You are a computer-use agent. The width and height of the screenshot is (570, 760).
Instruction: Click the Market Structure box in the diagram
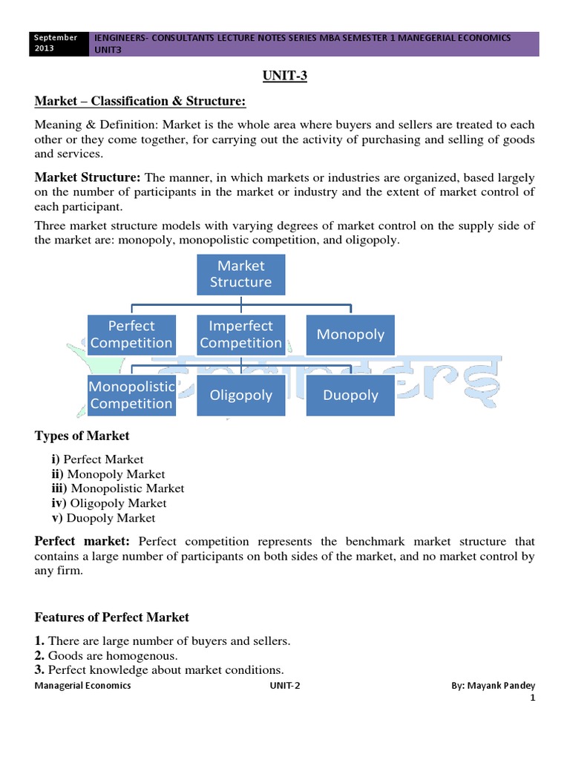pos(240,274)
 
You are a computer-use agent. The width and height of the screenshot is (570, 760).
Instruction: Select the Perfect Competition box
pos(131,334)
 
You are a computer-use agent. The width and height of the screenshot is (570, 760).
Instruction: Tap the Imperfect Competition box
pos(240,334)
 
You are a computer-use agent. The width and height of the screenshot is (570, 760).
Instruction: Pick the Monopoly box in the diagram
pos(350,334)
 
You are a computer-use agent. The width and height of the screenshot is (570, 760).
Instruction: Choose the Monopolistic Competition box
pos(131,395)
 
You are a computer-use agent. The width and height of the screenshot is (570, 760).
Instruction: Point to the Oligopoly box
pos(240,395)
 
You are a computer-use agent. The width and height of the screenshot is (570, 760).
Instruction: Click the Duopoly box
pos(350,395)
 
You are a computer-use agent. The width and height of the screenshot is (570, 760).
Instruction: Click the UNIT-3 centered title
pos(285,76)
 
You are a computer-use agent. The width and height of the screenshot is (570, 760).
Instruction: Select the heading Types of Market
pos(82,436)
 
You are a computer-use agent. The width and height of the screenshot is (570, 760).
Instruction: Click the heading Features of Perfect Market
pos(112,617)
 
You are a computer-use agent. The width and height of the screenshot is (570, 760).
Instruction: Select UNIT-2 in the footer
pos(285,685)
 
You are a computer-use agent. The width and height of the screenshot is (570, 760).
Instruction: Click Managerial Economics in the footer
pos(83,685)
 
